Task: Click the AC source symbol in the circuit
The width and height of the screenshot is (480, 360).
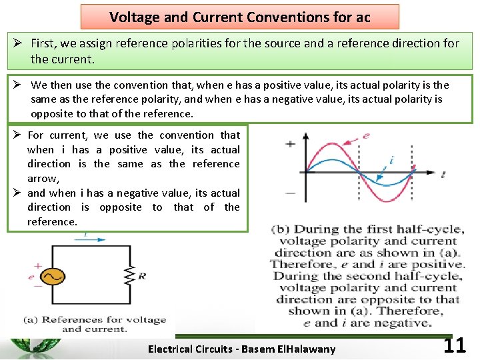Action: point(51,276)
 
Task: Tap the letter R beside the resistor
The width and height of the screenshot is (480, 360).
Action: point(142,275)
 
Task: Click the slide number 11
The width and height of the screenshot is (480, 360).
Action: point(454,346)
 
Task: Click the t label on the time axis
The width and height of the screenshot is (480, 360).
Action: point(443,174)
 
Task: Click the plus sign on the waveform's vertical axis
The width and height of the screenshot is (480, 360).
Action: point(291,143)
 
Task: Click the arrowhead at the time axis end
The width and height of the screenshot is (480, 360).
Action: point(434,173)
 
